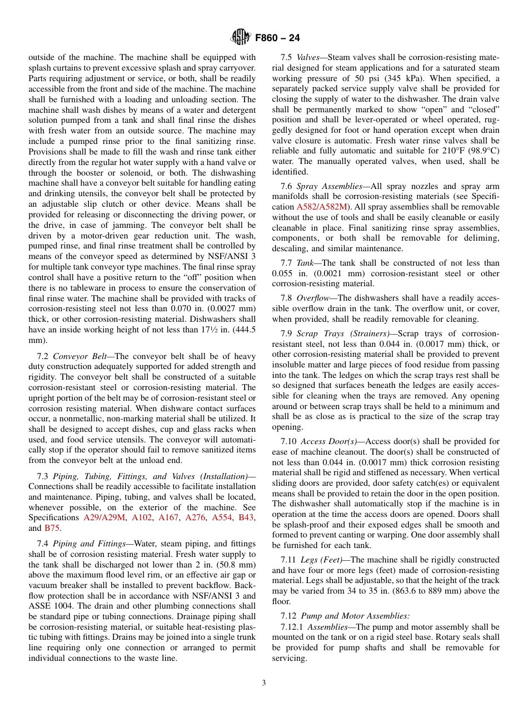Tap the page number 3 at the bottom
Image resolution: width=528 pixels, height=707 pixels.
pos(263,683)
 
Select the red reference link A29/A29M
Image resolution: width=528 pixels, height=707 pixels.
pos(104,517)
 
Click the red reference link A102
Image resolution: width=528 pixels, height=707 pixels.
pos(142,517)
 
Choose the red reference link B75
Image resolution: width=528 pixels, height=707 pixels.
pos(52,528)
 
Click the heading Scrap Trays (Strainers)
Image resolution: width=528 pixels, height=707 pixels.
pos(343,333)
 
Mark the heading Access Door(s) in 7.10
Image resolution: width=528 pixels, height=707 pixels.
pos(329,441)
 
